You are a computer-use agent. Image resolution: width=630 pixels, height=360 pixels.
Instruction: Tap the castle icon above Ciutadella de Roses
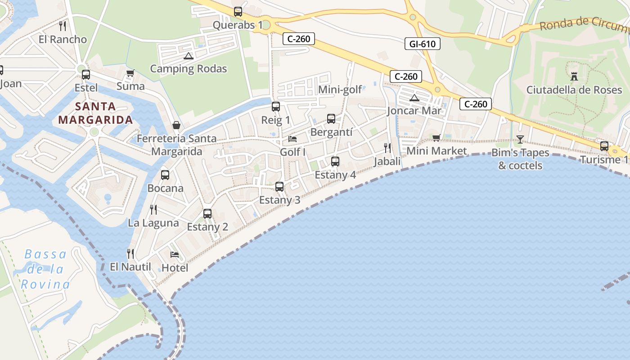click(x=574, y=76)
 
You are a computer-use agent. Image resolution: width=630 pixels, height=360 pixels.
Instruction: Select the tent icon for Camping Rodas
click(x=188, y=56)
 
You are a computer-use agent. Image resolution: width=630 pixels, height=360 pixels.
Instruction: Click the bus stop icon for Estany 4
click(x=335, y=161)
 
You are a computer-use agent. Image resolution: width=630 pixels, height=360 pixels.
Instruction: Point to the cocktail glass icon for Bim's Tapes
click(x=520, y=139)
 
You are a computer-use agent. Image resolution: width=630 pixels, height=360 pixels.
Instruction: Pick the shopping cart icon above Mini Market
click(x=436, y=138)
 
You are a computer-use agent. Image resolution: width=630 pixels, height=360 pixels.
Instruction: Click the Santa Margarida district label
click(x=95, y=113)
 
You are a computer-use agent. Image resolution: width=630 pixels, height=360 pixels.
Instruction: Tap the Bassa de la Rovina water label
click(x=45, y=269)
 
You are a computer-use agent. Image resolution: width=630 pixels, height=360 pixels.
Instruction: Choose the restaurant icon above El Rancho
click(x=63, y=26)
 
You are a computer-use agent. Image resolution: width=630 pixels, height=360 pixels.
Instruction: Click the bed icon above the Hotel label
click(x=175, y=255)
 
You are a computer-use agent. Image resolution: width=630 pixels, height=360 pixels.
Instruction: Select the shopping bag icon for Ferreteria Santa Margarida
click(x=176, y=125)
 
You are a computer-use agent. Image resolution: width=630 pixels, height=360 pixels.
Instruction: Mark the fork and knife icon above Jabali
click(x=387, y=148)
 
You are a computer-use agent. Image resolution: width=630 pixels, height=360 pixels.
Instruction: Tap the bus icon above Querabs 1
click(x=238, y=11)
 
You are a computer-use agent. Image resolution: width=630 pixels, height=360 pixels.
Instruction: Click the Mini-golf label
click(x=340, y=90)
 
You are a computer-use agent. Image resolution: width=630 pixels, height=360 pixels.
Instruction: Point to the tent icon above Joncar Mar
click(x=414, y=98)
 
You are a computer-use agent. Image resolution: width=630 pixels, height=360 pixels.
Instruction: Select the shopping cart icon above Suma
click(x=130, y=73)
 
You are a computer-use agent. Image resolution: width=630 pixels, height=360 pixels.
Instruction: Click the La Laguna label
click(x=153, y=223)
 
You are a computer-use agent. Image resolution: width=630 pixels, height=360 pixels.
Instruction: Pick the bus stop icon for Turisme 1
click(x=604, y=146)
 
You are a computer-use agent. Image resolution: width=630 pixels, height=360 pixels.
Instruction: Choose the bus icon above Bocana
click(x=165, y=175)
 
